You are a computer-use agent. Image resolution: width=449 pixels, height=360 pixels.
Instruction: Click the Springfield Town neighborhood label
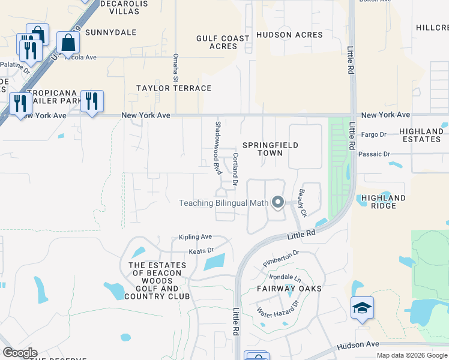coord(270,149)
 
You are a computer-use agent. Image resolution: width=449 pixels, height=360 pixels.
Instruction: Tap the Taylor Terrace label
coord(173,88)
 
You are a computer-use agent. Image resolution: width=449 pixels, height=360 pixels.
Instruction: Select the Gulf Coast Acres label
coord(223,42)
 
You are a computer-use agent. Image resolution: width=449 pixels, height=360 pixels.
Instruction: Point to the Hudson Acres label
coord(289,35)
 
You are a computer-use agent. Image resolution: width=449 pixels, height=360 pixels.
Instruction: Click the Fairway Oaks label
coord(289,289)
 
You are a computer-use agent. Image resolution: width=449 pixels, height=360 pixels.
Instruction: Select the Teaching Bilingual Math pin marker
coord(277,202)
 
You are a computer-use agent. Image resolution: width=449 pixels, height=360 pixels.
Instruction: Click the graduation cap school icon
coord(362,308)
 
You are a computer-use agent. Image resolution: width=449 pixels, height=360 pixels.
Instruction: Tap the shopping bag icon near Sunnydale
coord(68,43)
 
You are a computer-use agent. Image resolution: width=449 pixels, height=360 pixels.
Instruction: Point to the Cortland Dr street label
coord(235,169)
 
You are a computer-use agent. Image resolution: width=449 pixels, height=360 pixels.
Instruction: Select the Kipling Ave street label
coord(195,237)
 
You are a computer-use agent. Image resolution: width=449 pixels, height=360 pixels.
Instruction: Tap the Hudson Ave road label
coord(358,345)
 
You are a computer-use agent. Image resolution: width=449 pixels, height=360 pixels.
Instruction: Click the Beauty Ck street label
coord(303,204)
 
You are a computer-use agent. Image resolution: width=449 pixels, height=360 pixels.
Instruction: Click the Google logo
coord(19,353)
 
